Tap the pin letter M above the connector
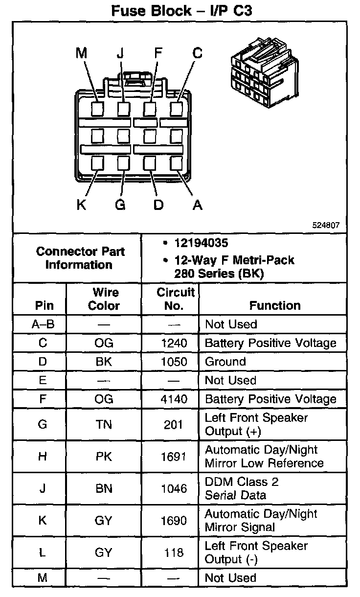click(x=81, y=53)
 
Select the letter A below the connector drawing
click(x=197, y=205)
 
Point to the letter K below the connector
click(x=81, y=205)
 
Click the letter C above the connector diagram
click(x=197, y=53)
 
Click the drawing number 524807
click(x=326, y=226)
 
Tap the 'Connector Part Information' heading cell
click(x=80, y=258)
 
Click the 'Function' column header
click(x=275, y=305)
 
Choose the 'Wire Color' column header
click(x=104, y=299)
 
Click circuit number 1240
click(x=174, y=343)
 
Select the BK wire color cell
click(x=104, y=362)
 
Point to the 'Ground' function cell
click(x=225, y=362)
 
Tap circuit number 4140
click(x=174, y=399)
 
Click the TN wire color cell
click(x=104, y=424)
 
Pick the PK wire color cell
click(x=104, y=457)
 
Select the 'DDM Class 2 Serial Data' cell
click(x=242, y=488)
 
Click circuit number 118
click(x=174, y=552)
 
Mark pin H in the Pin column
click(x=43, y=457)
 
